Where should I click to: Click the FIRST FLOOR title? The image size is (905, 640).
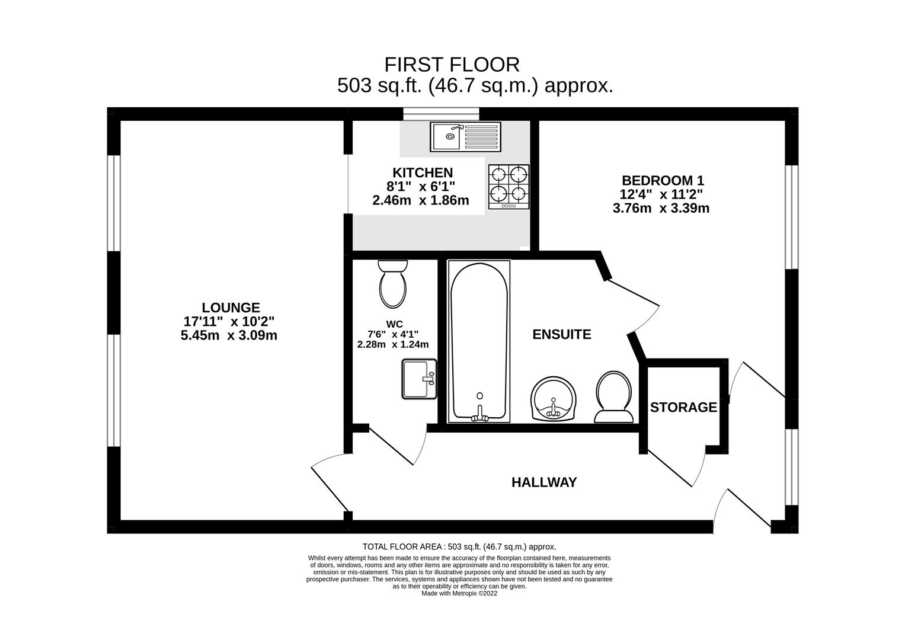(x=452, y=65)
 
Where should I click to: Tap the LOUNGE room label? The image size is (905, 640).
(x=231, y=308)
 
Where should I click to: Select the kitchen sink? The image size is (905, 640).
(x=465, y=137)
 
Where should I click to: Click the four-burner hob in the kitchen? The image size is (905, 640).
(x=509, y=187)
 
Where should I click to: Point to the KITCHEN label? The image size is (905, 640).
(x=423, y=173)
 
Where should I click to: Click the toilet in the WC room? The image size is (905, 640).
(x=393, y=284)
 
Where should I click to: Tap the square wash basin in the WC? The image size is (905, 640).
(x=420, y=379)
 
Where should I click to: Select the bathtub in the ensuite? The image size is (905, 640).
(x=479, y=341)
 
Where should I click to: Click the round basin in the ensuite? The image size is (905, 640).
(x=553, y=399)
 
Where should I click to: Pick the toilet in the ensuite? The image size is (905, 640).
(x=613, y=397)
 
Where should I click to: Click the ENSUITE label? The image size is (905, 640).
(x=562, y=335)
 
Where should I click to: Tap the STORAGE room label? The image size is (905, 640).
(x=683, y=407)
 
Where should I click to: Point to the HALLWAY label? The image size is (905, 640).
(x=544, y=482)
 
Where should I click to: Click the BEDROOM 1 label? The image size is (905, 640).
(x=663, y=180)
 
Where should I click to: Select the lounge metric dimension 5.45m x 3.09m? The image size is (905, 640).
(x=229, y=336)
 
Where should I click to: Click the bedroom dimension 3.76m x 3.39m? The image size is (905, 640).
(x=661, y=209)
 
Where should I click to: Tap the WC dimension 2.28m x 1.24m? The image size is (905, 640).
(x=393, y=345)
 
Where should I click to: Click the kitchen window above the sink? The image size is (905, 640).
(x=441, y=114)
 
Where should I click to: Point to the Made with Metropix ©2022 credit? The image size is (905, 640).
(x=459, y=594)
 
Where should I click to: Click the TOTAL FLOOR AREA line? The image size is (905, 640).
(x=459, y=547)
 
